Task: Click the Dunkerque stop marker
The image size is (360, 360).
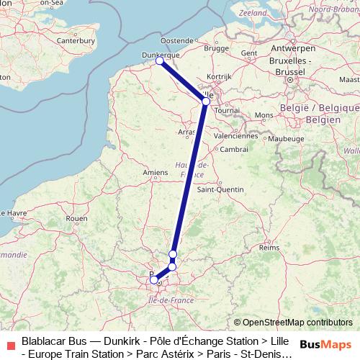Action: [x=160, y=61]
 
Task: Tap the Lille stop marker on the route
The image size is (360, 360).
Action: [x=206, y=102]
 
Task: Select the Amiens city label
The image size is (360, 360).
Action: [x=155, y=172]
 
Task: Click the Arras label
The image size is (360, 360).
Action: [x=186, y=132]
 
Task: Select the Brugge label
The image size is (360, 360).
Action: [x=215, y=49]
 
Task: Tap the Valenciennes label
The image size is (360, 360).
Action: [x=235, y=135]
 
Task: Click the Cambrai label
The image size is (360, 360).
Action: [x=234, y=149]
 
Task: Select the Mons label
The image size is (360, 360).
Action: [x=264, y=115]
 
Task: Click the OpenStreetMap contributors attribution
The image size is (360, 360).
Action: [x=293, y=323]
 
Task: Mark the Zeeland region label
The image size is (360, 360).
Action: [x=253, y=14]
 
